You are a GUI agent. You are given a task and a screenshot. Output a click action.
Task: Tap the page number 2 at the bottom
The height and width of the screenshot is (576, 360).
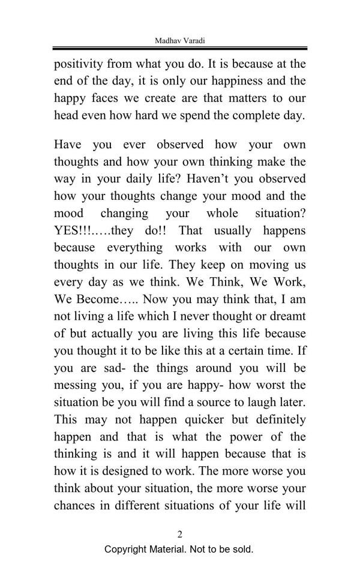[x=179, y=534]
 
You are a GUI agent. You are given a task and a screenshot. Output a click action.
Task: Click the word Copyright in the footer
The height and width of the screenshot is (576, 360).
[x=128, y=549]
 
